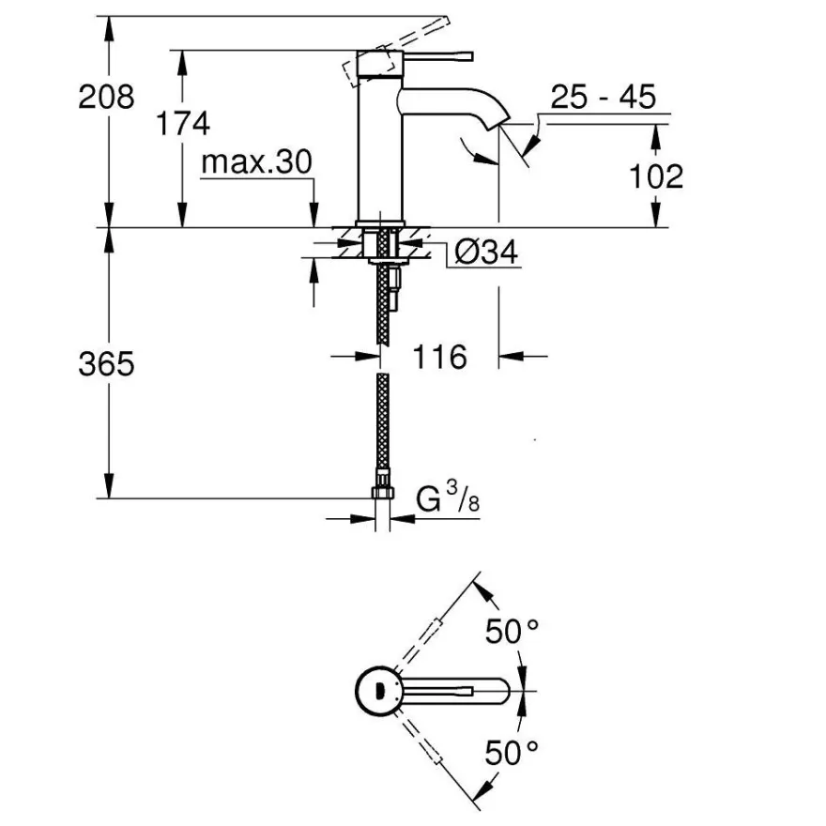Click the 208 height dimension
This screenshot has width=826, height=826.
(106, 97)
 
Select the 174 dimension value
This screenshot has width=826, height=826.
(183, 123)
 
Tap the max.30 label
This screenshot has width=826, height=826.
(256, 161)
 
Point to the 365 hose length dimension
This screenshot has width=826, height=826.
(106, 363)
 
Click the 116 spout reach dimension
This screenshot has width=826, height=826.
(440, 357)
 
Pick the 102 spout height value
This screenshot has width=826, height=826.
(656, 176)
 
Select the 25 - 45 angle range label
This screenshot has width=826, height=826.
(604, 97)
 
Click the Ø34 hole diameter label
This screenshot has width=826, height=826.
(485, 252)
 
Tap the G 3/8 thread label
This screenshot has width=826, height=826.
(448, 497)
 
